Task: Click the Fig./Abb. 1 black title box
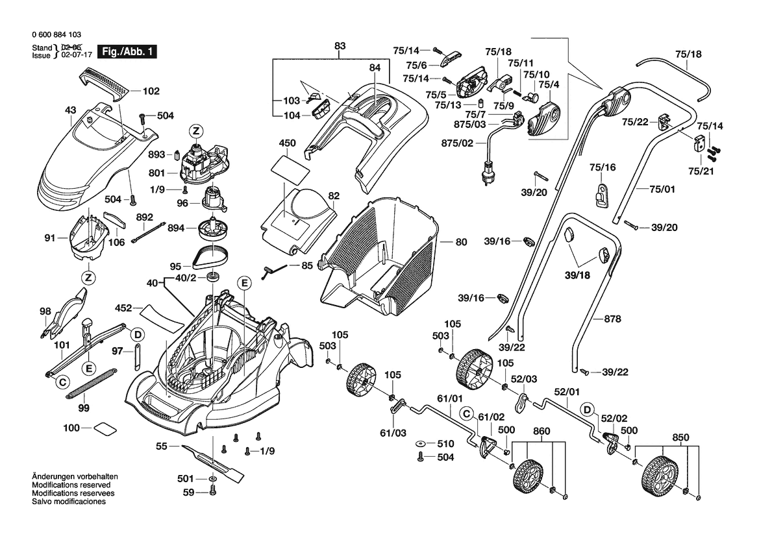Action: click(x=126, y=52)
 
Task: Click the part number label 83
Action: click(x=340, y=46)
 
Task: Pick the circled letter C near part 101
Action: click(x=62, y=382)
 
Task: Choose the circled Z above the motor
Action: click(x=195, y=132)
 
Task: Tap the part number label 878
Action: click(x=612, y=319)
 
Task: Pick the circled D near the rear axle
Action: click(x=586, y=409)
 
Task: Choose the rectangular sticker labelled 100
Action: click(x=103, y=428)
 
